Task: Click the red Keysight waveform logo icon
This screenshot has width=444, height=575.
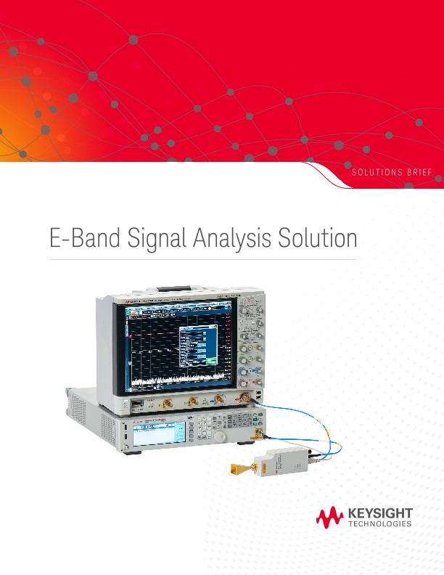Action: (x=330, y=518)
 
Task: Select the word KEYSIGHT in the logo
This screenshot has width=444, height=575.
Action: (x=381, y=513)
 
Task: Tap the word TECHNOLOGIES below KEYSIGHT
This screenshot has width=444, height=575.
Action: (x=381, y=523)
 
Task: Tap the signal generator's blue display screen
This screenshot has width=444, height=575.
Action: (x=155, y=436)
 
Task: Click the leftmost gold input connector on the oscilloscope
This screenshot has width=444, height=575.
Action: (x=167, y=401)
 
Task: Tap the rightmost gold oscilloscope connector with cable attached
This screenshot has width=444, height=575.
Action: (x=247, y=397)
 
